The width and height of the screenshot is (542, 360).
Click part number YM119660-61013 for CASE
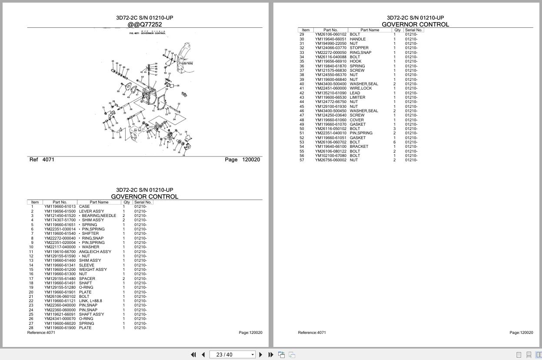(60, 207)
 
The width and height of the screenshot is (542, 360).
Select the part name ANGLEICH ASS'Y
(95, 252)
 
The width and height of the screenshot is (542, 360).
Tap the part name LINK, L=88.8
(90, 301)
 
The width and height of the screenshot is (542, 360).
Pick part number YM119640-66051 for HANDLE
(330, 39)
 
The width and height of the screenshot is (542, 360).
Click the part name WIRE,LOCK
(360, 88)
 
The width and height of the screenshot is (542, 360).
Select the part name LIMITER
(357, 97)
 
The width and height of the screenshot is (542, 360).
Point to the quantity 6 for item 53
(395, 142)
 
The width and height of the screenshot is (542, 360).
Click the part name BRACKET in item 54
(359, 147)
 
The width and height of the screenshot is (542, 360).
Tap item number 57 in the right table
(302, 160)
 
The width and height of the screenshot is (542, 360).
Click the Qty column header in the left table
(126, 202)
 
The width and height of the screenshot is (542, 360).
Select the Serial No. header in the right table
(413, 30)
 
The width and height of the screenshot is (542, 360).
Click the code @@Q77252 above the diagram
(144, 25)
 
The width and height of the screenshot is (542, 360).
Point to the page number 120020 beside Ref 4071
(251, 160)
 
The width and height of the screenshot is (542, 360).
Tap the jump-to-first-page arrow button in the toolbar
(193, 355)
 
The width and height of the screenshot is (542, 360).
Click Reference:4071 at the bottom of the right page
(312, 333)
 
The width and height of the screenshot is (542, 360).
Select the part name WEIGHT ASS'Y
(93, 270)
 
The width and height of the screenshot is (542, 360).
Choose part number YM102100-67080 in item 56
(330, 156)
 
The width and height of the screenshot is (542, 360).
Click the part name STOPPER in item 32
(359, 48)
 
